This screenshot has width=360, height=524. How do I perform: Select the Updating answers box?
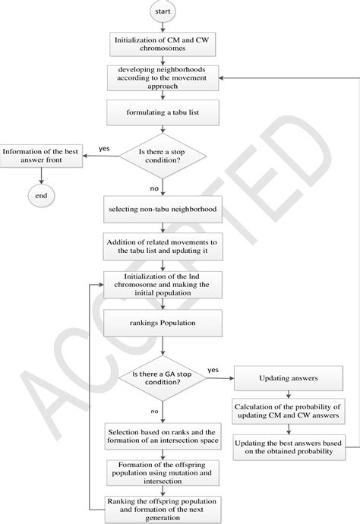[x=288, y=377]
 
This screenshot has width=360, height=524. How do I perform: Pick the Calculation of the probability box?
[x=288, y=411]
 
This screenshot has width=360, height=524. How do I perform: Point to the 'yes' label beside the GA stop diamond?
[x=213, y=370]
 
